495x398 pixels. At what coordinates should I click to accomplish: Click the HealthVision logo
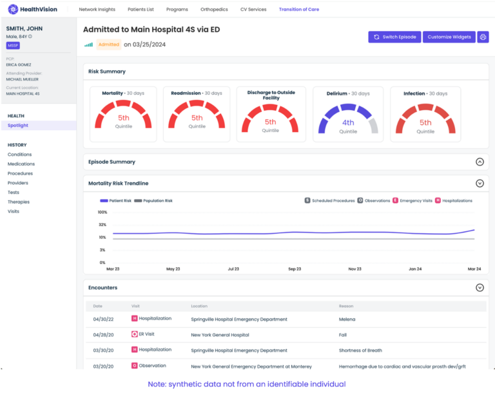point(34,9)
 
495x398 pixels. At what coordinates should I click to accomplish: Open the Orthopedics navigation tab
point(213,10)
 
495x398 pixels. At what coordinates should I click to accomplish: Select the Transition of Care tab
point(298,10)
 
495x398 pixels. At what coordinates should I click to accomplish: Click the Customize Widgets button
point(449,37)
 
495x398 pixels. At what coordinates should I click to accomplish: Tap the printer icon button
point(483,37)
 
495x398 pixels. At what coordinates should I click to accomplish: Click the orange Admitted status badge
point(108,44)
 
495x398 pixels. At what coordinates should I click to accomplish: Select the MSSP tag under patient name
point(13,45)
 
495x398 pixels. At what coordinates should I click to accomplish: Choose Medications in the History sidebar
point(21,164)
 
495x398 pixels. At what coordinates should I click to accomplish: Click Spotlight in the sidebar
point(18,126)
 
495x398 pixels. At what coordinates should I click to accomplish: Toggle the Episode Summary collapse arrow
point(480,162)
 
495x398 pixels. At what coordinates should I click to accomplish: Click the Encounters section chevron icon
point(480,288)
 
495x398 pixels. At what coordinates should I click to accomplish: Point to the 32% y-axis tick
point(102,225)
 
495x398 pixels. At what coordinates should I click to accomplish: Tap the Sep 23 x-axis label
point(295,269)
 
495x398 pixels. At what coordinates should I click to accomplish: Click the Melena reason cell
point(347,319)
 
